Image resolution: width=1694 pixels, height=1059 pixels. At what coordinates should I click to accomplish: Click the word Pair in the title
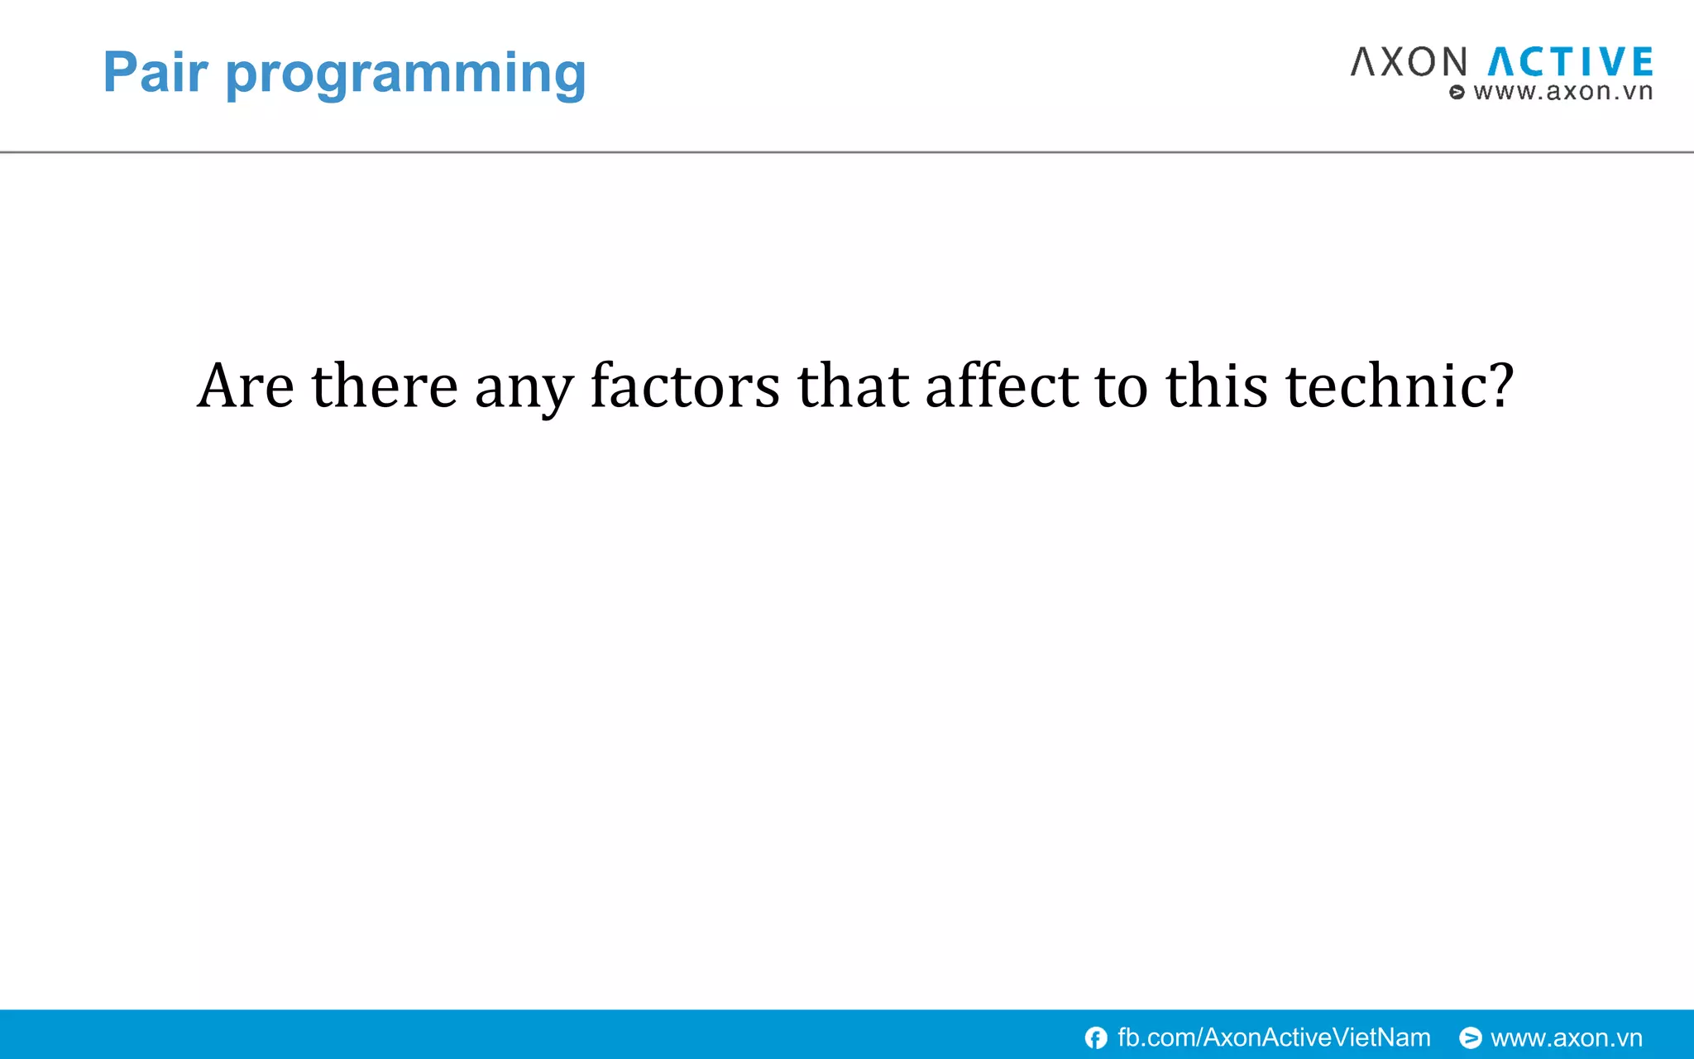click(x=155, y=73)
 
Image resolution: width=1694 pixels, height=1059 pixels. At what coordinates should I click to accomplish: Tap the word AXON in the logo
click(x=1409, y=63)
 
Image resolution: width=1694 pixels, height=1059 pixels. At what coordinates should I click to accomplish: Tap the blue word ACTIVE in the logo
click(x=1570, y=63)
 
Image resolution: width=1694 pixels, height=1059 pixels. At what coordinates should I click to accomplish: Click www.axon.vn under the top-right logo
click(x=1562, y=91)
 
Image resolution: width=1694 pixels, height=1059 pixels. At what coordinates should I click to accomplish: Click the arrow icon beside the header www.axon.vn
click(x=1457, y=92)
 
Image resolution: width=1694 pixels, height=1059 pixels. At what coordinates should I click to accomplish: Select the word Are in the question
click(x=246, y=386)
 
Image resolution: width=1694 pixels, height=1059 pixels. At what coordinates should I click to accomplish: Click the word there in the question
click(x=384, y=386)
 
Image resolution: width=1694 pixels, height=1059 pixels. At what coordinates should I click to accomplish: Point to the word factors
click(x=685, y=386)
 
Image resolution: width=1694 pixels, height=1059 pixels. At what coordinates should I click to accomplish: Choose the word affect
click(x=1002, y=386)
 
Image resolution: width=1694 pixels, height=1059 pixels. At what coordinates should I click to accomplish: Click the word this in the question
click(x=1216, y=386)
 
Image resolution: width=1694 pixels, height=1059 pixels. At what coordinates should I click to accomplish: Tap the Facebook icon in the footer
click(x=1096, y=1037)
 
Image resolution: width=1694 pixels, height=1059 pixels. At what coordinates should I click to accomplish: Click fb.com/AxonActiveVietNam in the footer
click(x=1274, y=1037)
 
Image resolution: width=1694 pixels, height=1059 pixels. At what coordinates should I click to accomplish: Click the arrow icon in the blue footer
click(x=1470, y=1037)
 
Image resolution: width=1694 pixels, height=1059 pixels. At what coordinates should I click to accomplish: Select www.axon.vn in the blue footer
click(x=1566, y=1037)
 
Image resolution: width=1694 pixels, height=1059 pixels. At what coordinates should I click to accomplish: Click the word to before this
click(x=1122, y=386)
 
